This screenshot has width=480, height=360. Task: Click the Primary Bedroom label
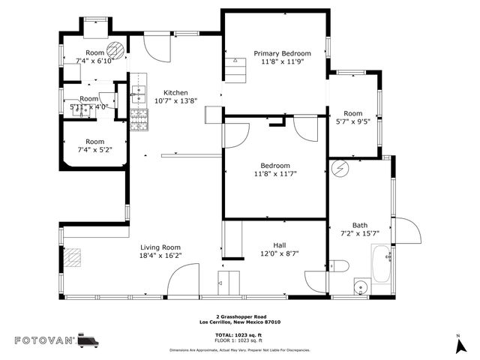(281, 53)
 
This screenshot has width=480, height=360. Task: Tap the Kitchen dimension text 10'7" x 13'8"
(175, 100)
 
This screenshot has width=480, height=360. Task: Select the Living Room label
(160, 247)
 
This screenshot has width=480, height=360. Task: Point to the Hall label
(279, 245)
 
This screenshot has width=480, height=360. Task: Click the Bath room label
(360, 225)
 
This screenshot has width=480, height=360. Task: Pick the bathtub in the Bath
(381, 264)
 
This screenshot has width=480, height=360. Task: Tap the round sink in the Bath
(360, 286)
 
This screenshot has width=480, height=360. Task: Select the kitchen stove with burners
(139, 120)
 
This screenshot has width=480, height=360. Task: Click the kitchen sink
(139, 94)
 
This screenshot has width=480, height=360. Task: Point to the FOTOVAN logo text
(44, 340)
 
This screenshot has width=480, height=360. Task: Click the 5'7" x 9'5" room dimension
(352, 121)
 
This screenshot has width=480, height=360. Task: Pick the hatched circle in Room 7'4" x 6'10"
(115, 51)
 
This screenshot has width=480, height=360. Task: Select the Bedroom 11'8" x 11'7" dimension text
(274, 174)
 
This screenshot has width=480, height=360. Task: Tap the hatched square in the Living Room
(72, 258)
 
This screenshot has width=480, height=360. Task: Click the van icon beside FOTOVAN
(88, 340)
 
